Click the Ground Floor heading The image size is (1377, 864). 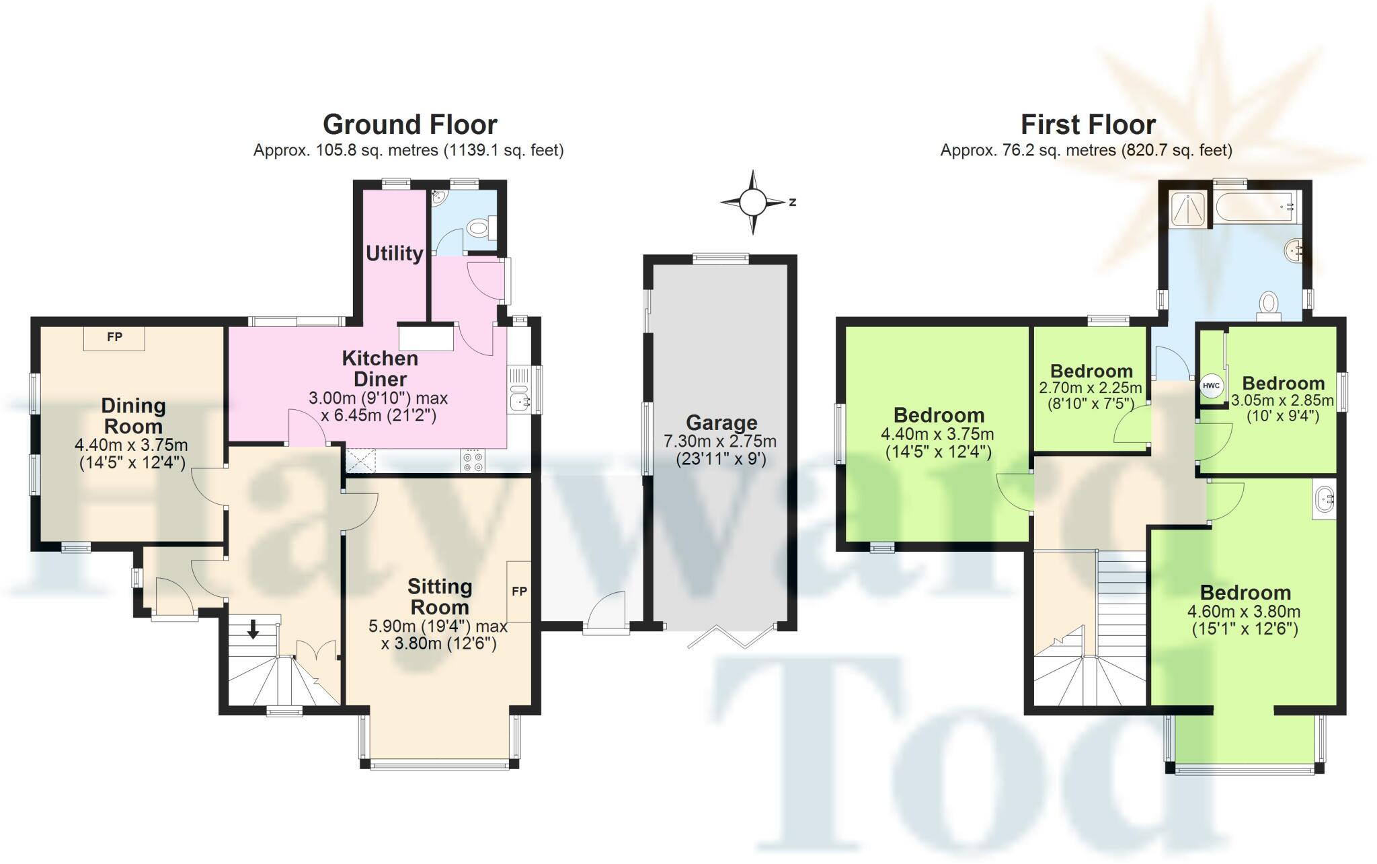409,124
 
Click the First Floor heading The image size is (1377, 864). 1088,124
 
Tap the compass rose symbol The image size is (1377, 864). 753,201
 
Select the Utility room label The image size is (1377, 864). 394,253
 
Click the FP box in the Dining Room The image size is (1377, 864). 114,338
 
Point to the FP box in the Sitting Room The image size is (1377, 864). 519,591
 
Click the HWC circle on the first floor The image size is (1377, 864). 1210,386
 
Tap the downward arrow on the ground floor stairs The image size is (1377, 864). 253,630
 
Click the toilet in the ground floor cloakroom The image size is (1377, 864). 479,229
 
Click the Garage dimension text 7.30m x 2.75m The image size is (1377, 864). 720,441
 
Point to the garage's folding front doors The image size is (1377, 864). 731,637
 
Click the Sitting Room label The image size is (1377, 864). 439,597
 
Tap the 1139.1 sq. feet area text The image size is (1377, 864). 504,151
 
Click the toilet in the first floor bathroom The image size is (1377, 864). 1268,305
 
